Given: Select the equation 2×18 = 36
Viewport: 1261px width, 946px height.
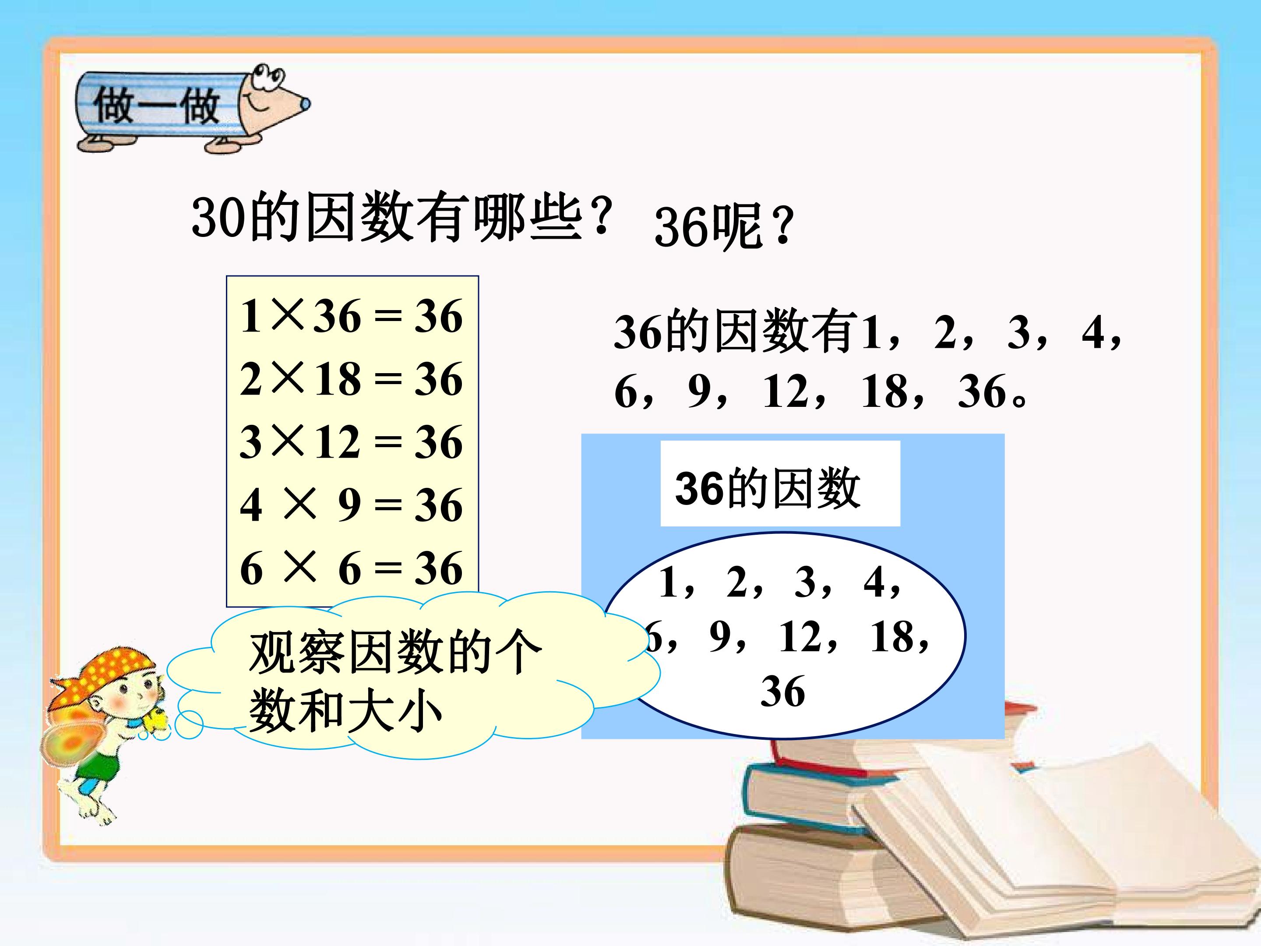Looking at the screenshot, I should click(351, 379).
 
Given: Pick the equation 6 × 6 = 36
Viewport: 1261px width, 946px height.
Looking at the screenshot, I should click(351, 568).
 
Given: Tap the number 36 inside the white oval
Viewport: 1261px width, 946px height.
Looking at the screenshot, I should click(783, 691).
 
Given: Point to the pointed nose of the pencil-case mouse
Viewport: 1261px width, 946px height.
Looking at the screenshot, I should click(305, 104).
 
